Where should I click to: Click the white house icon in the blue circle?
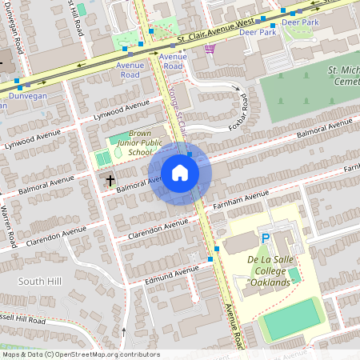click(179, 173)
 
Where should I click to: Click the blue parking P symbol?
click(265, 238)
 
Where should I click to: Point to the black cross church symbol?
click(110, 181)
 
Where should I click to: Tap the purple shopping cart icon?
click(210, 49)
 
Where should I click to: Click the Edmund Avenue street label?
click(171, 274)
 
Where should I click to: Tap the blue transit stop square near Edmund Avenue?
click(210, 259)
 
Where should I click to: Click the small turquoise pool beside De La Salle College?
click(294, 274)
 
